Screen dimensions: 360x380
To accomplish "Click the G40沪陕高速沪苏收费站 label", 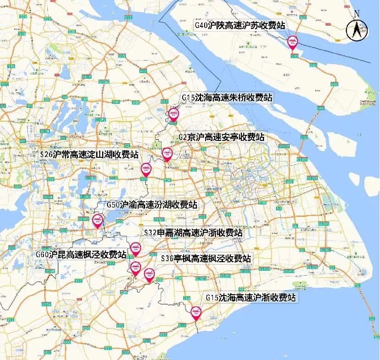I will click(x=239, y=25).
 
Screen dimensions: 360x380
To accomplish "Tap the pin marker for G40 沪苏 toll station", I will click(x=293, y=43).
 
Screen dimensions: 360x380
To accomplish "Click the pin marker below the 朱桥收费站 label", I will click(x=174, y=114).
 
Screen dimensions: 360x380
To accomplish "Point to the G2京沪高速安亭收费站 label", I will click(x=221, y=137).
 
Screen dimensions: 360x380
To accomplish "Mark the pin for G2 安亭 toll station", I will click(x=167, y=154).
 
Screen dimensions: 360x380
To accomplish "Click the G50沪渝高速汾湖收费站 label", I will click(x=152, y=204).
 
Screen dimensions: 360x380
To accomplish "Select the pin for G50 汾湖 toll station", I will click(x=98, y=221).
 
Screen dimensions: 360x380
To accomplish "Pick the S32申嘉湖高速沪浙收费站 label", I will click(x=193, y=232).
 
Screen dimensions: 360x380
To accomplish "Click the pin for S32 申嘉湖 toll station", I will click(x=135, y=249).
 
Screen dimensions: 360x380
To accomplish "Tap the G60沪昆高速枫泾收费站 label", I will click(x=81, y=255).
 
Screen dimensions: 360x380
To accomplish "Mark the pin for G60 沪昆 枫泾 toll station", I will click(x=135, y=268).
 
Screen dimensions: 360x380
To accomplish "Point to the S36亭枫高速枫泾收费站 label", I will click(x=206, y=258).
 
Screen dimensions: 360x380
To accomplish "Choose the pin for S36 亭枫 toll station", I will click(x=149, y=274).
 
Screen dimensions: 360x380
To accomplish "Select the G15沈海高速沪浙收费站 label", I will click(x=250, y=297).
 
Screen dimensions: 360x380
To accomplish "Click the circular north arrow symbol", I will click(x=357, y=31).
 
